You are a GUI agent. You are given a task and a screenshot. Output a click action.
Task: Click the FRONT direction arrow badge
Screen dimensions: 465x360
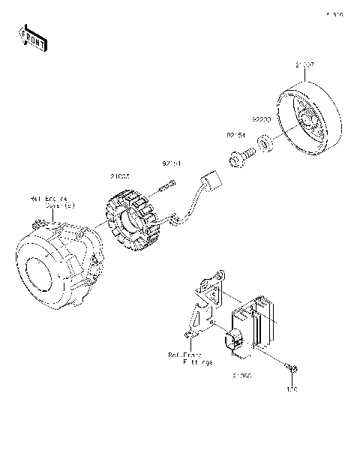coord(32,37)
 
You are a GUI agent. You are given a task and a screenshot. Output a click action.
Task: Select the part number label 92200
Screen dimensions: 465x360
coord(261,118)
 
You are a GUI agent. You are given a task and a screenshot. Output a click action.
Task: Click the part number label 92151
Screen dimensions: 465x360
coord(172,162)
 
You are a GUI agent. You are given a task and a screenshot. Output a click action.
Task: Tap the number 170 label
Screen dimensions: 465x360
coord(293,388)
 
